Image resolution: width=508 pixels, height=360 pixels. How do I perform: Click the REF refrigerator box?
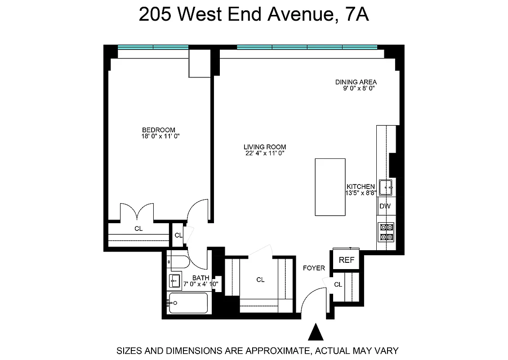[x=347, y=260]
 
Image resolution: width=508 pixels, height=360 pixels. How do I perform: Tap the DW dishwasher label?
[x=385, y=207]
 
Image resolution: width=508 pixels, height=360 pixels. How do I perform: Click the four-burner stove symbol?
[x=386, y=232]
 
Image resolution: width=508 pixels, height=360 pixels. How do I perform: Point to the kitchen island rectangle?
[x=330, y=187]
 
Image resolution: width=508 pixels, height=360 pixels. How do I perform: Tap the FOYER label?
[x=314, y=268]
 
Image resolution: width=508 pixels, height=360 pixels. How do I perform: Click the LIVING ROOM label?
[x=265, y=147]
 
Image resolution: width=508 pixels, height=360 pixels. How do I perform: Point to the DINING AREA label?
[x=356, y=82]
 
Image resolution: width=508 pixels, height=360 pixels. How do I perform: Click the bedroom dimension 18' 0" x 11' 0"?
[x=160, y=136]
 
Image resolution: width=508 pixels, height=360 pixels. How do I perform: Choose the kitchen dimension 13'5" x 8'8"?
[x=361, y=193]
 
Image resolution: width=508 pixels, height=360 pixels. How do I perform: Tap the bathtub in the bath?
[x=188, y=303]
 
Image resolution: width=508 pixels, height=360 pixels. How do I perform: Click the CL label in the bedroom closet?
[x=138, y=229]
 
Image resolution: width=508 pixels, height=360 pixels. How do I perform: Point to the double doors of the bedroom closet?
[x=137, y=212]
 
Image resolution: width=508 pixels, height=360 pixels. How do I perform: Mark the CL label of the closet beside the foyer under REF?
[x=338, y=284]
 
